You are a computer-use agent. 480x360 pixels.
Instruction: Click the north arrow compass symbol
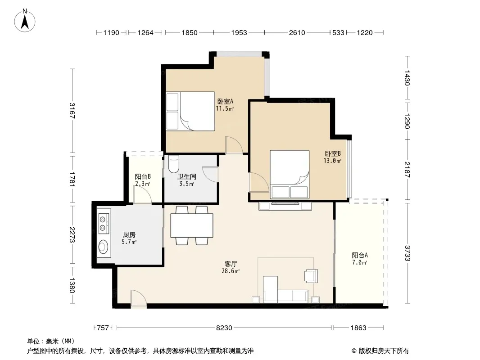coord(25,21)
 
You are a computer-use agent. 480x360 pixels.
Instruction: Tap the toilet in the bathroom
coord(174,165)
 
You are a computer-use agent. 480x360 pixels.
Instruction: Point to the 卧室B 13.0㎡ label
coord(332,157)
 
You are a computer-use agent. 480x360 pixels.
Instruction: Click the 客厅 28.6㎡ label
coord(231,267)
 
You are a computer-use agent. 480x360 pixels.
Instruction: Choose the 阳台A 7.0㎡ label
coord(360,259)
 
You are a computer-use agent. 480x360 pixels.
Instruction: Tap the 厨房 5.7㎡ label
coord(129,238)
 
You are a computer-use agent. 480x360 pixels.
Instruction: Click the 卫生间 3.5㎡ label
coord(187,180)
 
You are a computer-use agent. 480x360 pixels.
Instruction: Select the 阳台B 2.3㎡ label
coord(143,180)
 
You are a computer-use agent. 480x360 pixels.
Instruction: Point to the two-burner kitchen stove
coord(104,223)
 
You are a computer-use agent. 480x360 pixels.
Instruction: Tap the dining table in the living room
coord(192,225)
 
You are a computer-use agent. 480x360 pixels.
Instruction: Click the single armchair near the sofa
coord(311,275)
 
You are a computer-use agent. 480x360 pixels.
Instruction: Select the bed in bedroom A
coord(190,111)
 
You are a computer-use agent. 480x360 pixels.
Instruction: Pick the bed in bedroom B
coord(290,174)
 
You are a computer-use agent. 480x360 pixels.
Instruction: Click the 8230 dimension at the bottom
coord(224,328)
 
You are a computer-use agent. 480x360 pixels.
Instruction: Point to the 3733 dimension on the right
coord(407,253)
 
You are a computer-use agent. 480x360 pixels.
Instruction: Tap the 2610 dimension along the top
coord(297,32)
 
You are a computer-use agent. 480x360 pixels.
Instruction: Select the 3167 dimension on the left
coord(72,110)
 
